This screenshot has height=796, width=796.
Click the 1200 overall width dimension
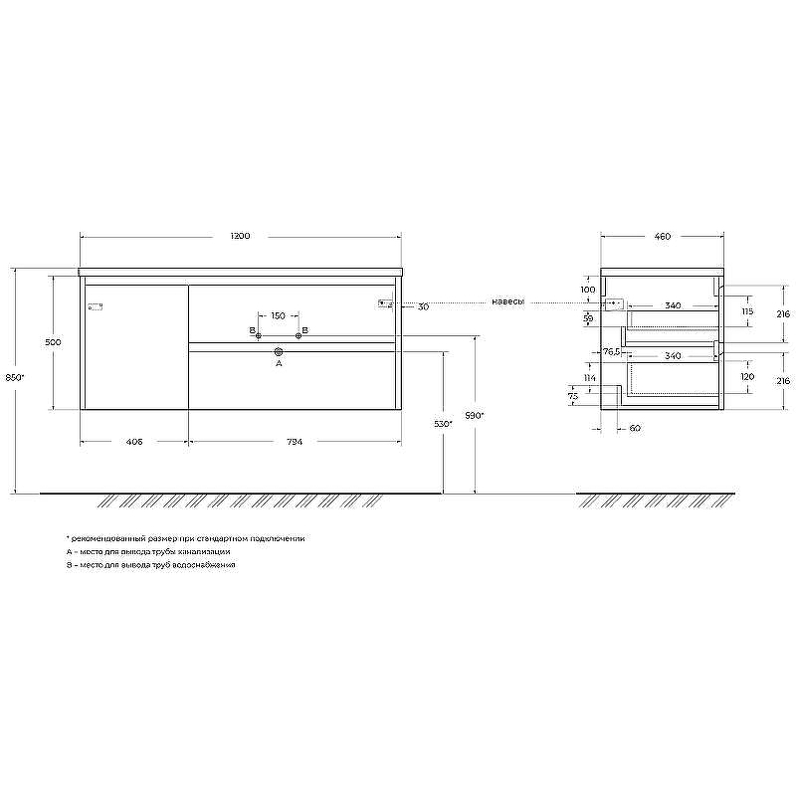pyautogui.click(x=239, y=237)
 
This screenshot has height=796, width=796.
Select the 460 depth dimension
pyautogui.click(x=662, y=237)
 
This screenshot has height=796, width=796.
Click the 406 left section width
pyautogui.click(x=133, y=442)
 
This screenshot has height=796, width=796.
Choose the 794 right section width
pyautogui.click(x=295, y=442)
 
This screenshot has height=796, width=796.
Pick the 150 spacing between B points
pyautogui.click(x=279, y=315)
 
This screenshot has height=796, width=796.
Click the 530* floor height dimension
pyautogui.click(x=444, y=424)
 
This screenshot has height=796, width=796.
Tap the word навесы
pyautogui.click(x=506, y=301)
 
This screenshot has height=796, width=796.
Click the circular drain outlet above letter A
pyautogui.click(x=279, y=351)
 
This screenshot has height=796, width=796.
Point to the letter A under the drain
pyautogui.click(x=279, y=364)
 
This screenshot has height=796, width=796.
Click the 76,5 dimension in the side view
pyautogui.click(x=611, y=351)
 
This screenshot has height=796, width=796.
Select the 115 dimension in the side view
pyautogui.click(x=747, y=312)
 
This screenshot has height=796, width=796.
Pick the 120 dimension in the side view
pyautogui.click(x=747, y=378)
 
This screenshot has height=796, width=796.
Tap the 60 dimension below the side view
pyautogui.click(x=635, y=429)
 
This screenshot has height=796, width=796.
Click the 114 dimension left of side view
pyautogui.click(x=590, y=378)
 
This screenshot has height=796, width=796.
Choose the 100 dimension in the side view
pyautogui.click(x=588, y=290)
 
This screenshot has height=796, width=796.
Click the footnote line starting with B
pyautogui.click(x=150, y=564)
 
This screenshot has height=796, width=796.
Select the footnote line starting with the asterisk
pyautogui.click(x=185, y=537)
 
